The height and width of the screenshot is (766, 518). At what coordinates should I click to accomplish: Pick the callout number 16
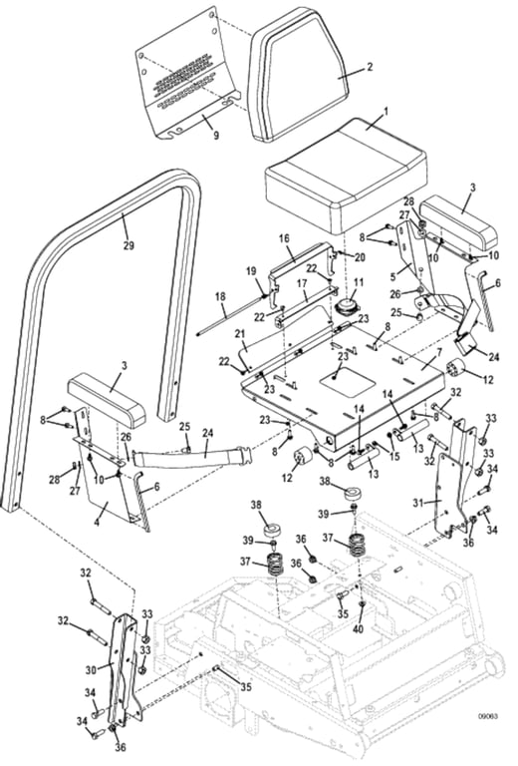click(284, 239)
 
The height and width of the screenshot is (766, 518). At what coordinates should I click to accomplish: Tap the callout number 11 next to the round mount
click(359, 282)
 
